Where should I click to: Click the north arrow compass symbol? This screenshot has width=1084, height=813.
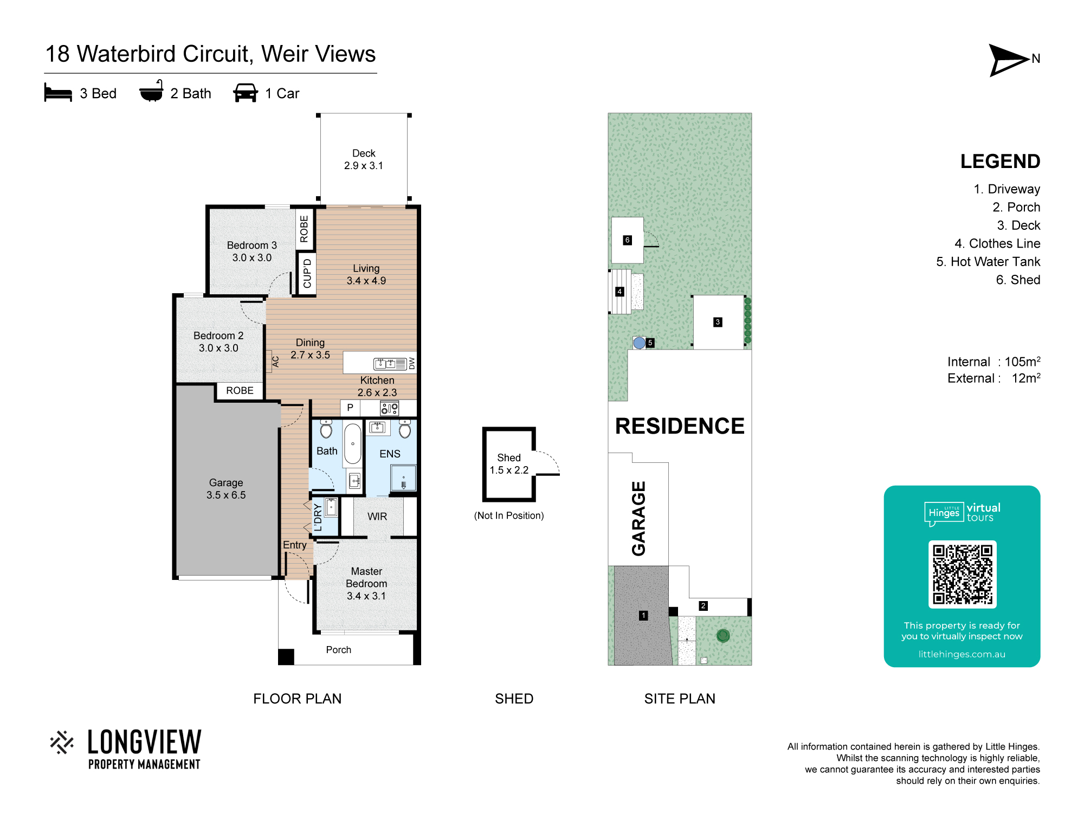1009,60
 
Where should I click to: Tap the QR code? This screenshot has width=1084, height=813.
962,575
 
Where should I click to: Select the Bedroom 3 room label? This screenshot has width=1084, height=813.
251,251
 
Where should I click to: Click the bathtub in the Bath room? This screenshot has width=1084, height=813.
352,443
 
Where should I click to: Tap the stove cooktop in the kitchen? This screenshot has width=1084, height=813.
390,408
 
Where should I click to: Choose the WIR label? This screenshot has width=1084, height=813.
377,517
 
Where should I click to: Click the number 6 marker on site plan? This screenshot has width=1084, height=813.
627,240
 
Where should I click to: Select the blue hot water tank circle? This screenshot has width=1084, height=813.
640,343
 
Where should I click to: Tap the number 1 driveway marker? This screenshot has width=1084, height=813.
643,615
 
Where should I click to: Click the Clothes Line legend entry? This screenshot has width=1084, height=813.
997,243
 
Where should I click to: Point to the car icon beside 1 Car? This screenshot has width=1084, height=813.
246,93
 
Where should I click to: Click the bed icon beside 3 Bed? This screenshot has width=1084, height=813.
58,93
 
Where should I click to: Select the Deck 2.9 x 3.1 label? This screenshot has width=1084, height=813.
364,159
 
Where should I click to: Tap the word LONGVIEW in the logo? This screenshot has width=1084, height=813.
144,742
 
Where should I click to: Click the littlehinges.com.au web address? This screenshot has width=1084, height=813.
962,654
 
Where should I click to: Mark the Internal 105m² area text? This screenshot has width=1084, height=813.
994,362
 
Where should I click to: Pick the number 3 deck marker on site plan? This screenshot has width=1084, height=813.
718,322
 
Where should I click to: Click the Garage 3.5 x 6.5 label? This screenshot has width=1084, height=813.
226,488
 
